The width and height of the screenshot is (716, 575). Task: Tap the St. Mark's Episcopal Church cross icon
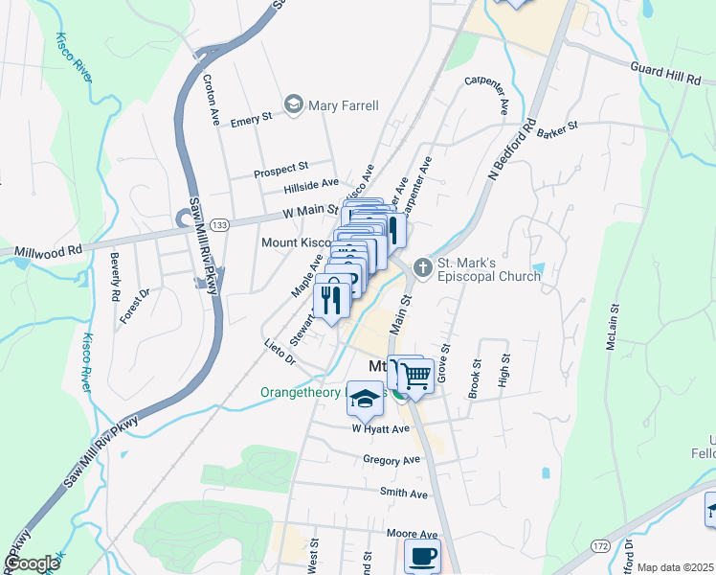click(x=421, y=265)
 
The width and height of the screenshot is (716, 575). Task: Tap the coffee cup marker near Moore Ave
click(x=422, y=556)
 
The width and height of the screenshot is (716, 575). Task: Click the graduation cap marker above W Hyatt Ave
click(x=365, y=399)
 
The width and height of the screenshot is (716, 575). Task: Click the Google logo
click(x=31, y=563)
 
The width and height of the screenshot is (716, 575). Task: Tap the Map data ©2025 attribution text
click(x=675, y=567)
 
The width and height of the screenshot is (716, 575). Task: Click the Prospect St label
click(x=280, y=169)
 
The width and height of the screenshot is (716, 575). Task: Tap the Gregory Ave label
click(x=392, y=460)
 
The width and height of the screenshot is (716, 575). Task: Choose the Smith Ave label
click(x=403, y=493)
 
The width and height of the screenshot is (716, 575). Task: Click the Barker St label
click(x=558, y=128)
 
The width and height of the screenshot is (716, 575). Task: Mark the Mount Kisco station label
click(x=296, y=242)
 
